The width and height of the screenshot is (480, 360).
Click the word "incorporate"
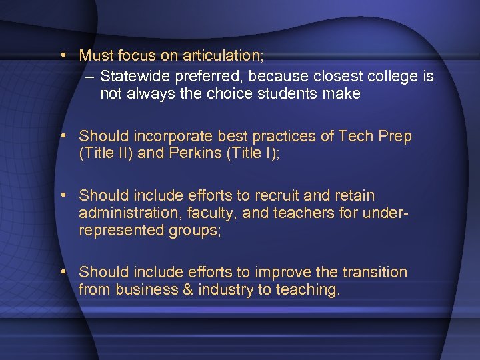coord(174,137)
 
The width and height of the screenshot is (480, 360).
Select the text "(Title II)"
coord(107,154)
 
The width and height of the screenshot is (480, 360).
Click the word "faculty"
coord(201,213)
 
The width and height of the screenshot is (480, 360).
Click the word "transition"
coord(375,272)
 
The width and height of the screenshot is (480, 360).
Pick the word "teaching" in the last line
coord(308,289)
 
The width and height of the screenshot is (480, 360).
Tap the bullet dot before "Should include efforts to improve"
coord(61,272)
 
